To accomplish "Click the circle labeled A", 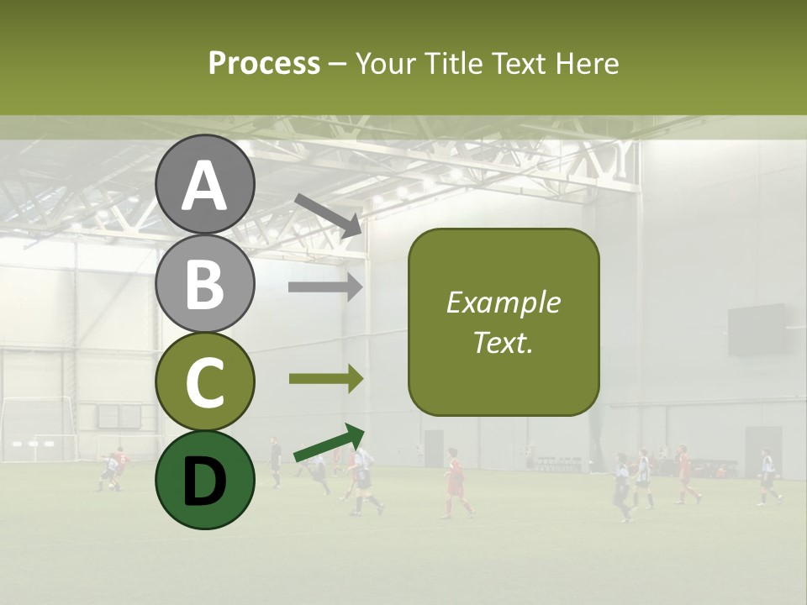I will coord(205,185).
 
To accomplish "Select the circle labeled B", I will coord(205,283).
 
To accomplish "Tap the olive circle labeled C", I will coord(205,381).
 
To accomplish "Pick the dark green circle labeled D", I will coord(205,480).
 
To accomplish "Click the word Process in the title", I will coord(264,64).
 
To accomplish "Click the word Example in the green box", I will coord(504,302).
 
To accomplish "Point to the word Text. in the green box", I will coord(504,342).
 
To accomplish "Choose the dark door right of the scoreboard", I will coord(762,450).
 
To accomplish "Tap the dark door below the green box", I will coord(434,448).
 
